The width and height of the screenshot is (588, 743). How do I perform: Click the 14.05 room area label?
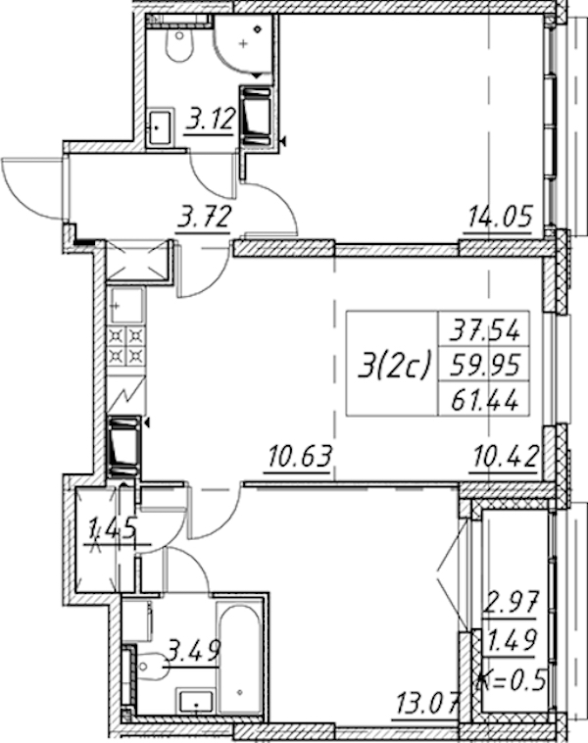click(501, 217)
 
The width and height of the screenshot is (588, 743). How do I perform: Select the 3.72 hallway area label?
click(204, 218)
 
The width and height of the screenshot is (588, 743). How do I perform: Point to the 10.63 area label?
click(301, 457)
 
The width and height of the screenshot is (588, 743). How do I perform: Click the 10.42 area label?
click(506, 457)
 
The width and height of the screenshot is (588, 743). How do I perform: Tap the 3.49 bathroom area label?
click(194, 651)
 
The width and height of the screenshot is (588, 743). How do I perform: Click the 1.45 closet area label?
click(114, 528)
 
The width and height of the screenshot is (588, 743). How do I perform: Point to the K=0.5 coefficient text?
click(510, 681)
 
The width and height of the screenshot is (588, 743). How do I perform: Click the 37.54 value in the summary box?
click(484, 329)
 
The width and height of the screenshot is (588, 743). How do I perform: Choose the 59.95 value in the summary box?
click(484, 365)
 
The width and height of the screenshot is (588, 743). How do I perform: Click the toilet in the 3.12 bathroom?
click(180, 46)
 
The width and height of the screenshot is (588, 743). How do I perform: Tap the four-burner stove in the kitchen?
click(126, 345)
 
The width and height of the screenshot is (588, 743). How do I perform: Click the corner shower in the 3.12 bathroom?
click(243, 44)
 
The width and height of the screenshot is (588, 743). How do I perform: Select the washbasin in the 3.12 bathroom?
click(160, 126)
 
